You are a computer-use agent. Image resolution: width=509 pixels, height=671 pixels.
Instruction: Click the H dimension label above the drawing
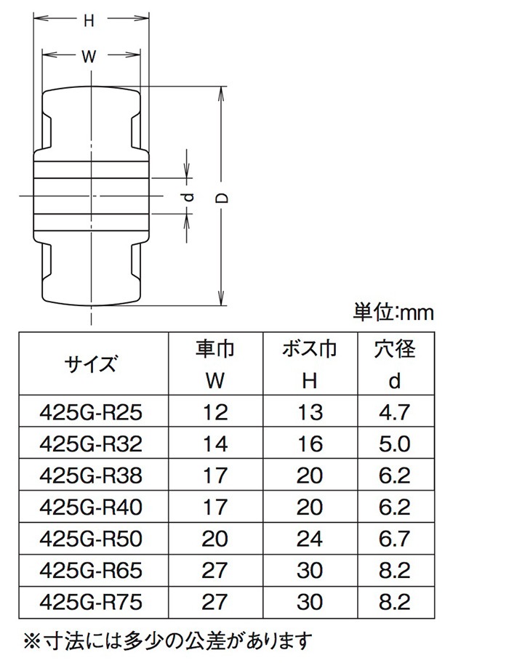pos(89,22)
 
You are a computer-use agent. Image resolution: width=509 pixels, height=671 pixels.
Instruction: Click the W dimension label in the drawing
pos(89,59)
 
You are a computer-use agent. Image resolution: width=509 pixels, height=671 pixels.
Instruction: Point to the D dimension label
pos(225,198)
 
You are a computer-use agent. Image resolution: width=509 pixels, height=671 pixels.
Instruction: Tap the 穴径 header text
pos(395,349)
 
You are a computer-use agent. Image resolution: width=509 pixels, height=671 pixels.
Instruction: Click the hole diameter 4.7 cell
pos(395,412)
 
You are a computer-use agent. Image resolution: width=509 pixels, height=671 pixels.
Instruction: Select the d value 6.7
pos(395,539)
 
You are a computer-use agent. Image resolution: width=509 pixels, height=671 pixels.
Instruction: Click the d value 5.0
pos(395,444)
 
